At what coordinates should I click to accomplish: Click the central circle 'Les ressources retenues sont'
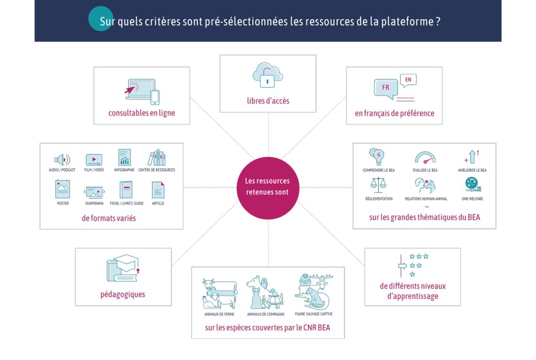pyautogui.click(x=267, y=187)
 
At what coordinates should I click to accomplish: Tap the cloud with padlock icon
pyautogui.click(x=267, y=75)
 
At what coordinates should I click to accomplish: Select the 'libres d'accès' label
pyautogui.click(x=267, y=100)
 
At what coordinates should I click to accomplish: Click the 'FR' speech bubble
pyautogui.click(x=386, y=88)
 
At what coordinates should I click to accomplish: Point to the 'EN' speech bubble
pyautogui.click(x=408, y=80)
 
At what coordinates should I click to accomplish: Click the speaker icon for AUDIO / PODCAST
pyautogui.click(x=62, y=160)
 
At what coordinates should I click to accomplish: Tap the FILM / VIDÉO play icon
pyautogui.click(x=93, y=160)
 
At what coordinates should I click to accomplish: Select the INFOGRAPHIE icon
pyautogui.click(x=124, y=157)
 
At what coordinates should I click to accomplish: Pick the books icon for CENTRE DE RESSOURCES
pyautogui.click(x=157, y=157)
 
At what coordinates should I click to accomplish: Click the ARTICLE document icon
pyautogui.click(x=158, y=190)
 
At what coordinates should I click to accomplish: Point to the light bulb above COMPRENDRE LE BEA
pyautogui.click(x=377, y=156)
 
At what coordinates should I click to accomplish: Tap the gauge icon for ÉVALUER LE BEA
pyautogui.click(x=425, y=157)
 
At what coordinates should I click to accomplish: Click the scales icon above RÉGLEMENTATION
pyautogui.click(x=377, y=185)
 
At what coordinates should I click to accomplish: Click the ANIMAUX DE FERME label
pyautogui.click(x=219, y=314)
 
